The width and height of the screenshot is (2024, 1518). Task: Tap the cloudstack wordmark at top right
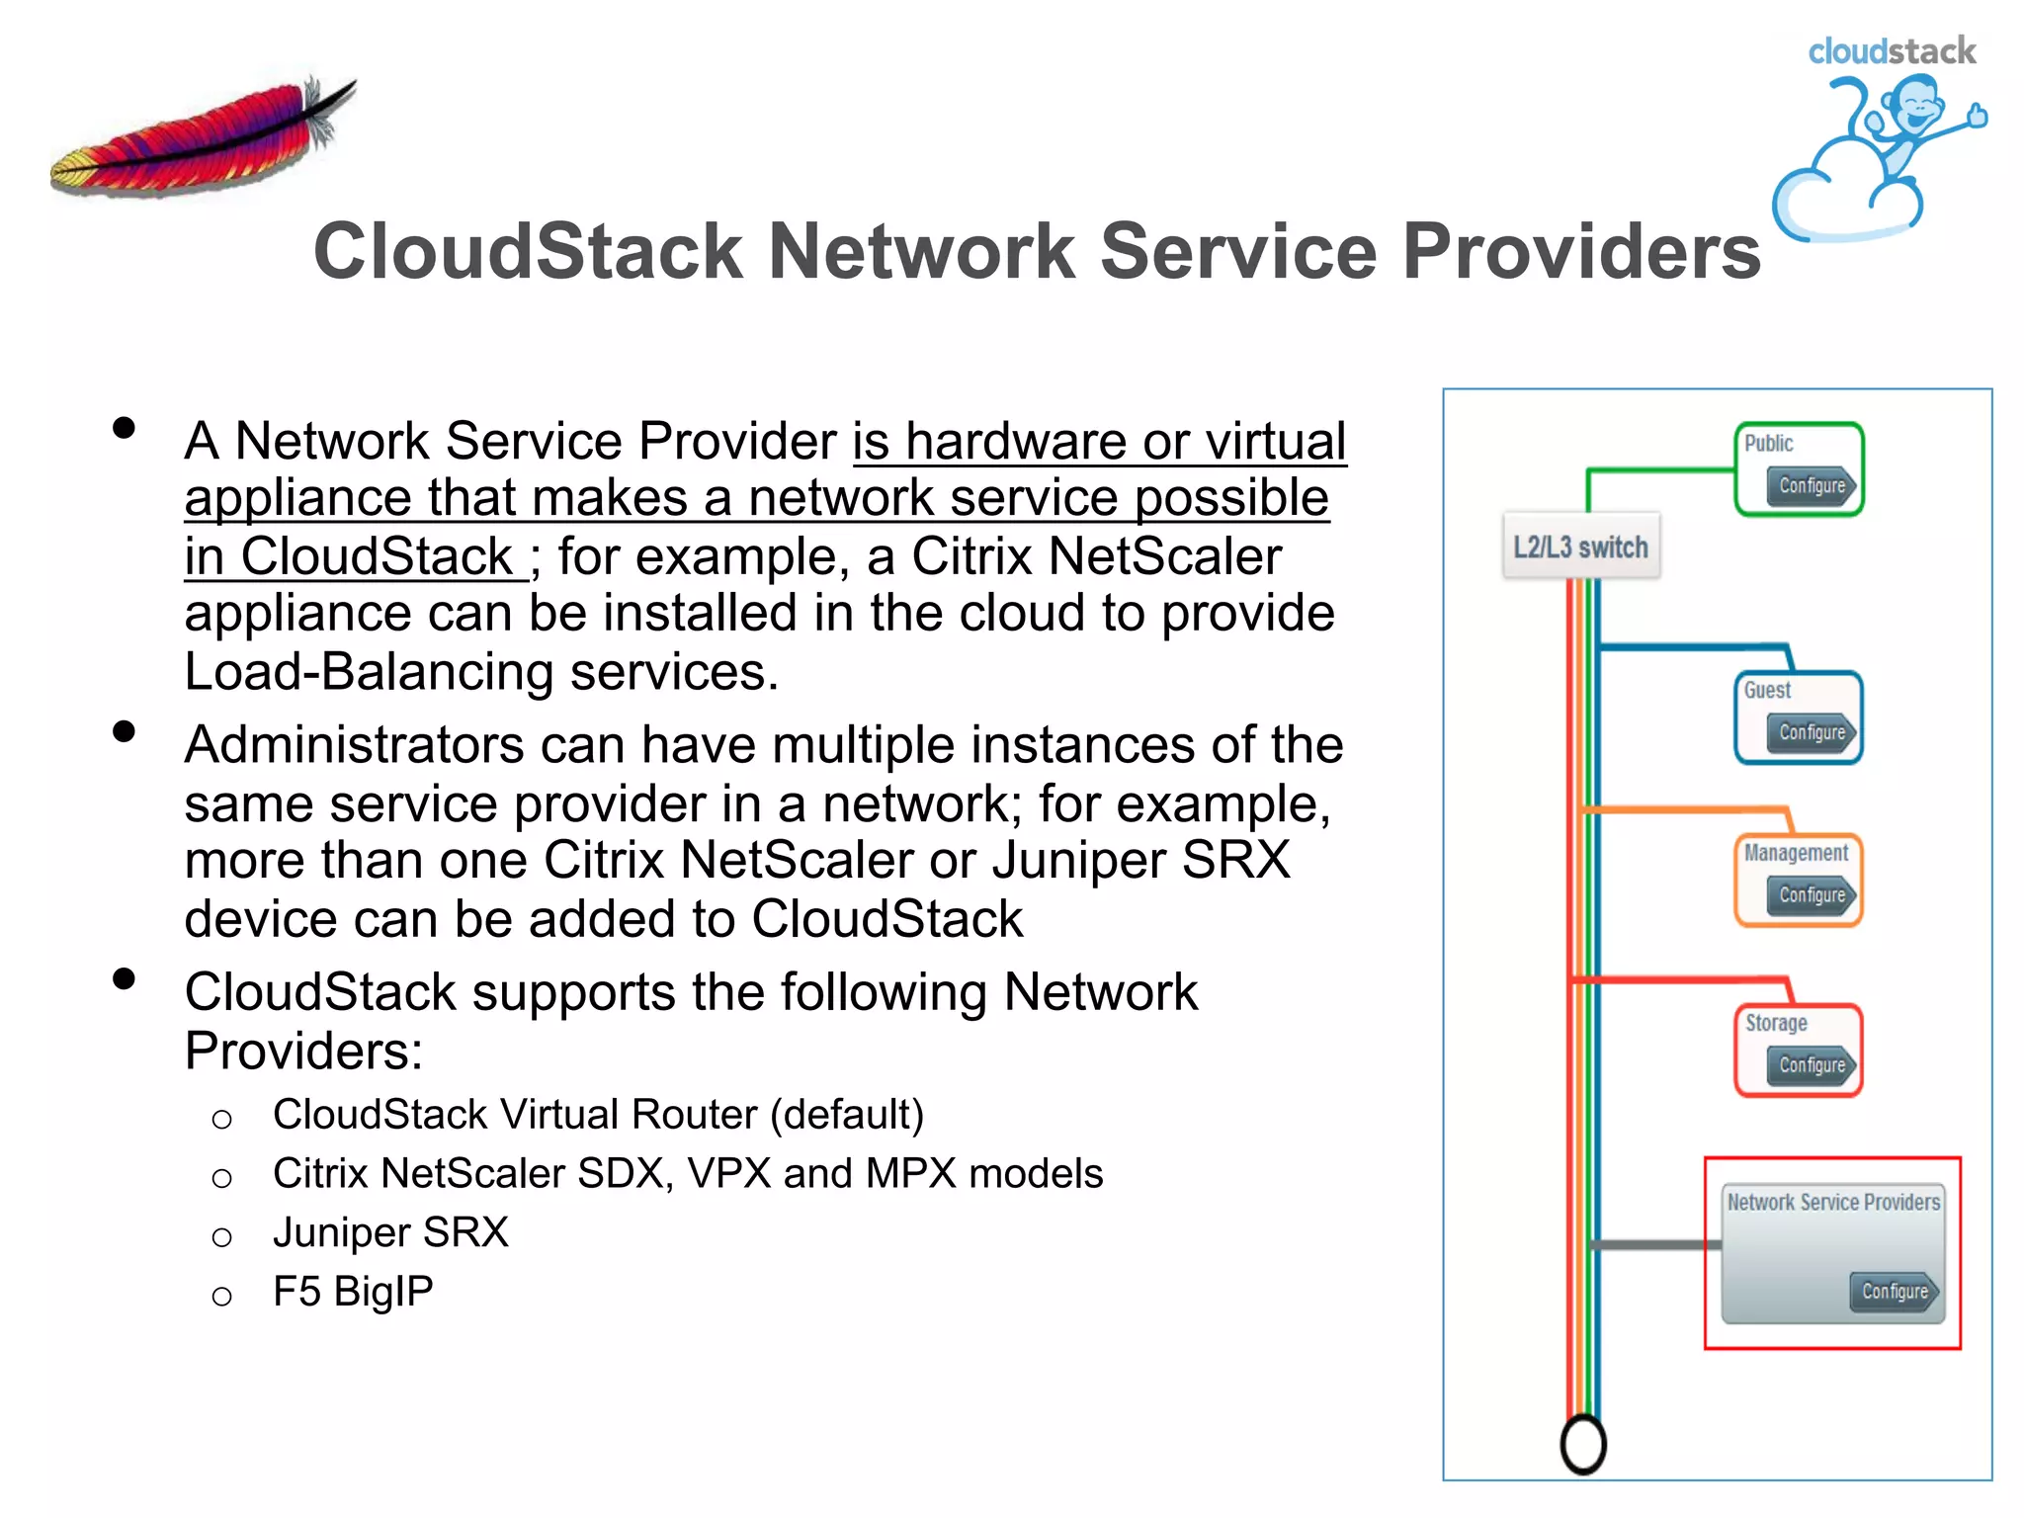coord(1891,50)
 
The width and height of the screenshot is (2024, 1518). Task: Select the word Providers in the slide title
coord(1581,251)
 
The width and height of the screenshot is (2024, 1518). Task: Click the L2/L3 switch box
coord(1580,547)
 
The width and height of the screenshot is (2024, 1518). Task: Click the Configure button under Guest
coord(1812,732)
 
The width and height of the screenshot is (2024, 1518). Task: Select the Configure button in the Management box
coord(1812,894)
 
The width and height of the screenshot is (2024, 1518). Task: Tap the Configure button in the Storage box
coord(1812,1064)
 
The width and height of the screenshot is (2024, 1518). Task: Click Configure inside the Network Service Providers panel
coord(1894,1291)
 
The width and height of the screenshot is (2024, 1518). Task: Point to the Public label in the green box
coord(1768,443)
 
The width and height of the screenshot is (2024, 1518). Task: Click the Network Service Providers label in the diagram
coord(1833,1202)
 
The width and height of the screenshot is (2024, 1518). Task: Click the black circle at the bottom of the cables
coord(1583,1444)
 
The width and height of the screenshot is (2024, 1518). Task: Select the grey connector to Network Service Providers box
coord(1655,1244)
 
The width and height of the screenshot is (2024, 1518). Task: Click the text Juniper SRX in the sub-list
coord(390,1232)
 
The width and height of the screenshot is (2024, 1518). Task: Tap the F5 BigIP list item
coord(353,1292)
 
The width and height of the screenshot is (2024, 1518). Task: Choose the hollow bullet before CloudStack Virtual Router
coord(222,1119)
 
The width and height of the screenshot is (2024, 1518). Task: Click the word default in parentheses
coord(847,1115)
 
